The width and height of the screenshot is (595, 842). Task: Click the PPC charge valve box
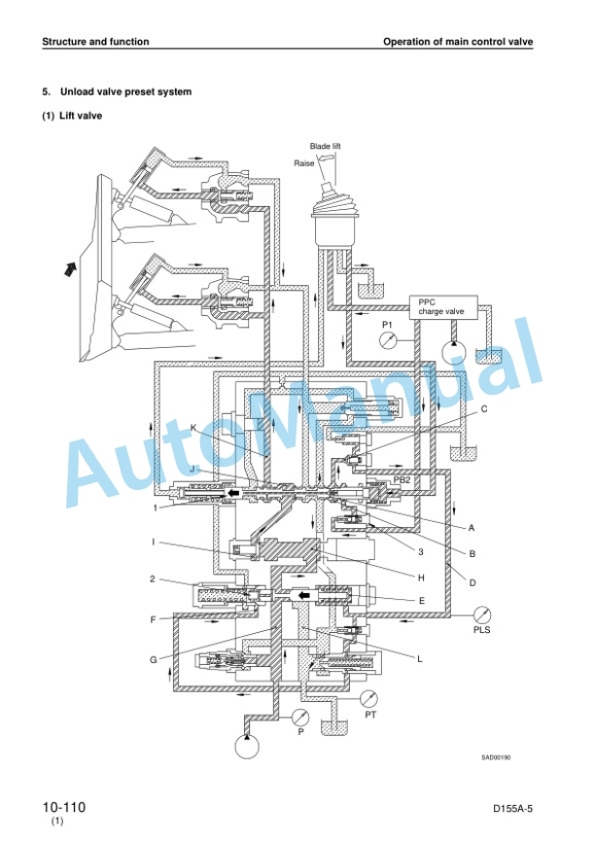coord(443,307)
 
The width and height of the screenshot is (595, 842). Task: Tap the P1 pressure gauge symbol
coord(388,340)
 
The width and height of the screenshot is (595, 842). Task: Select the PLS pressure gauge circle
coord(482,614)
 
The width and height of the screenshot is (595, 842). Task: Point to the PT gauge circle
coord(368,699)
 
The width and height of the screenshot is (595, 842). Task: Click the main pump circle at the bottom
coord(247,746)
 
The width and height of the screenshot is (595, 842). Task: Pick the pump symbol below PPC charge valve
coord(454,352)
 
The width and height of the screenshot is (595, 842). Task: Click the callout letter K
coord(193,428)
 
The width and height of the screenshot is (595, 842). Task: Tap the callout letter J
coord(192,469)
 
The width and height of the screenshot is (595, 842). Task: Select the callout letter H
coord(422,578)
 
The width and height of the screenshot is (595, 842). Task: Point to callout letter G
coord(153,659)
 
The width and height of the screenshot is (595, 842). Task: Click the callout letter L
coord(420,659)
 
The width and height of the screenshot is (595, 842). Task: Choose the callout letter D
coord(472,582)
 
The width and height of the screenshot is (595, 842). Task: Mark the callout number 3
coord(421,551)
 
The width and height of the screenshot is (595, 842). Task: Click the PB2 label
coord(402,479)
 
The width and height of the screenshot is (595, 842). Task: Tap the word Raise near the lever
coord(304,163)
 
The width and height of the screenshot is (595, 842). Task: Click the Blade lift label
coord(325,146)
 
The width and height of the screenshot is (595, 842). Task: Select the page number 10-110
coord(64,807)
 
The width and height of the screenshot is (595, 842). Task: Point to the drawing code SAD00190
coord(496,757)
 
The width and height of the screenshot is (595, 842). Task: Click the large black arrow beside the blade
coord(70,266)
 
